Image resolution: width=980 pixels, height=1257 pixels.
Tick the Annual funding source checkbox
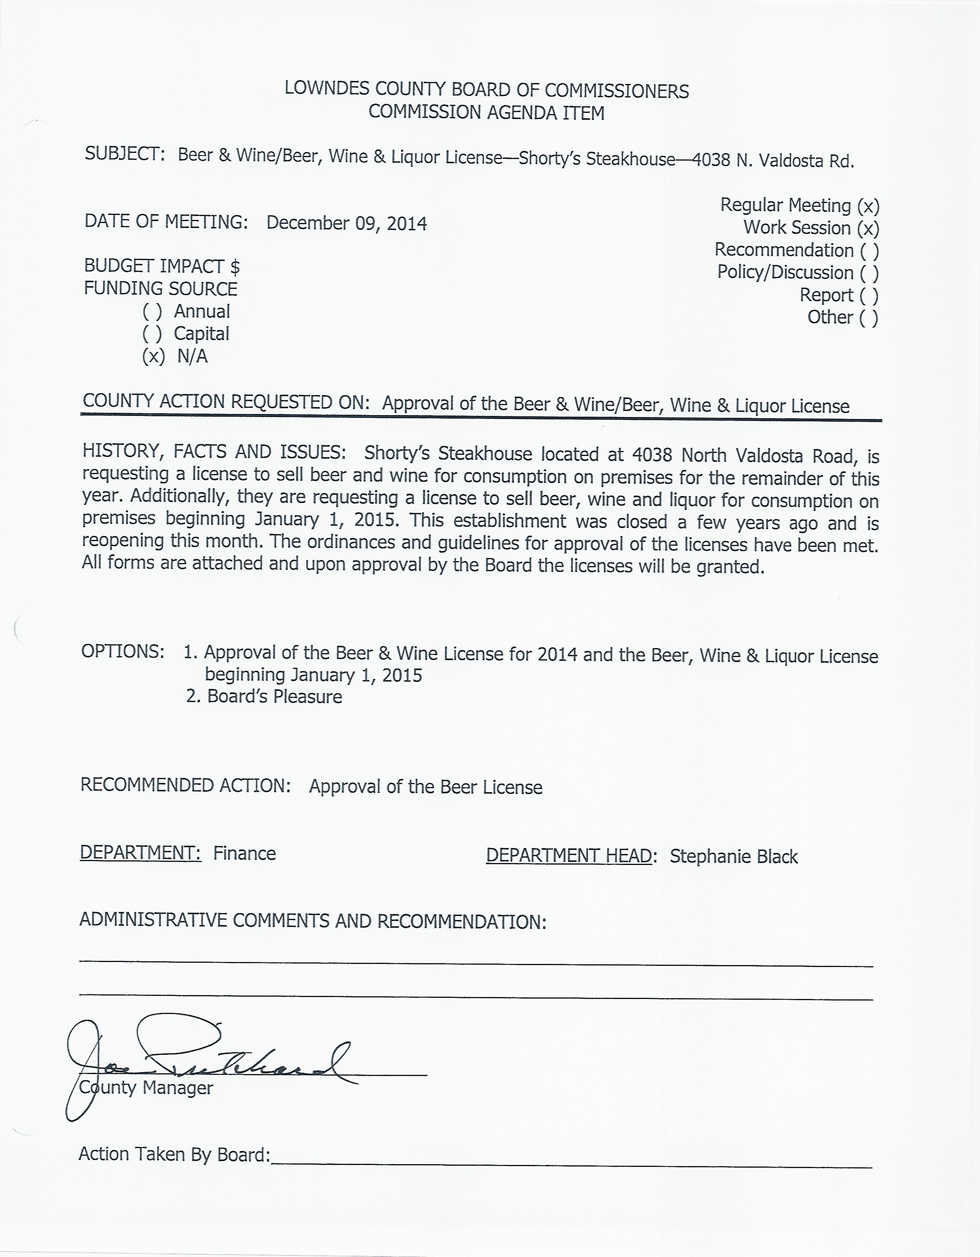pos(152,312)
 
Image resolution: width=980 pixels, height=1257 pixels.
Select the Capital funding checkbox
pos(152,334)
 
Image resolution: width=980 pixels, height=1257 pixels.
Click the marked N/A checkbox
pos(153,357)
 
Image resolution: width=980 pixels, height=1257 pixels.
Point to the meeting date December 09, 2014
pos(347,223)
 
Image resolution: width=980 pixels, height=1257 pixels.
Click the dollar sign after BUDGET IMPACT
pos(235,266)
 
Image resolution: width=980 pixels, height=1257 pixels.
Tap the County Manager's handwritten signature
pos(207,1065)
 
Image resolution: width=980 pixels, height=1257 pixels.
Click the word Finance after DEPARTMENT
pos(244,853)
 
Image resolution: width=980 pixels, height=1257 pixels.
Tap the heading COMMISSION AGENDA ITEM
pos(487,112)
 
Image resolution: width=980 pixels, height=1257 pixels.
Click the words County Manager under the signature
pos(146,1088)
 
